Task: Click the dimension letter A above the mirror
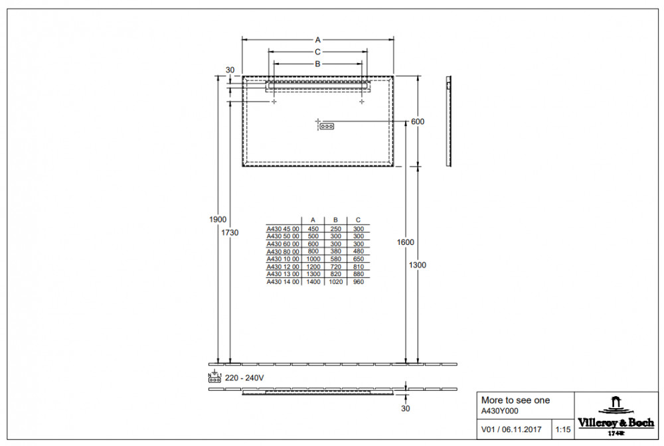[317, 40]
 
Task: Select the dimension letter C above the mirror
[317, 52]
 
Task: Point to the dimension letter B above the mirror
[317, 64]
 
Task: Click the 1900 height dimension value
[218, 219]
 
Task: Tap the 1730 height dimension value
[230, 232]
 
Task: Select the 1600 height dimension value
[405, 242]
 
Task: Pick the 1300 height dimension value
[418, 265]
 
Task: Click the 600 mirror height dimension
[418, 121]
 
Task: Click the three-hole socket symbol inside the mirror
[327, 126]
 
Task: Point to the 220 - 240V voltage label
[244, 378]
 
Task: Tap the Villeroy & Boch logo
[616, 416]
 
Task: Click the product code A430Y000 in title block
[500, 411]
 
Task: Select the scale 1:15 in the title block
[563, 429]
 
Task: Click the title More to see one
[515, 400]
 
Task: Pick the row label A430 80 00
[283, 252]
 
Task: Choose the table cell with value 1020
[335, 281]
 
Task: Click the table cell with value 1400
[313, 281]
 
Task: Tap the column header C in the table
[359, 220]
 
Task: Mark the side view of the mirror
[449, 121]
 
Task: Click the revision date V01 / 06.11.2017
[511, 429]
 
